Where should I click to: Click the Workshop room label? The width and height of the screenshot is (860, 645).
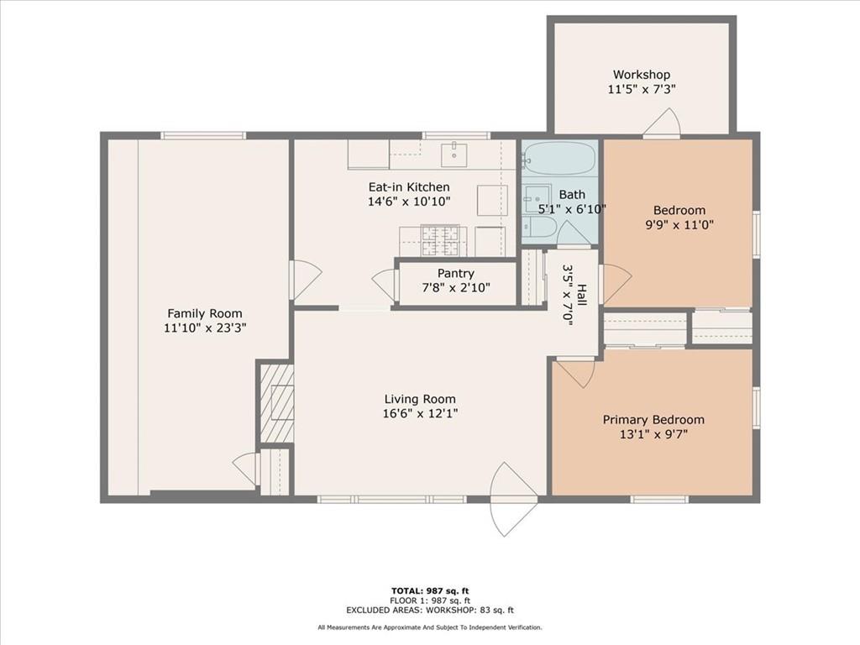pyautogui.click(x=641, y=75)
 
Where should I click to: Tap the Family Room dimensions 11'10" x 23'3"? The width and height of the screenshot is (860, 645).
pyautogui.click(x=205, y=328)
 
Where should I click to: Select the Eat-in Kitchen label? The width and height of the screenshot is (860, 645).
pyautogui.click(x=409, y=187)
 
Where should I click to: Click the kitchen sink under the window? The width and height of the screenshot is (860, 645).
pyautogui.click(x=454, y=155)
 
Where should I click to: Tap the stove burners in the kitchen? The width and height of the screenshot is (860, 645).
pyautogui.click(x=439, y=240)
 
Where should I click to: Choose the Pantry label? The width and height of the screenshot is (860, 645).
pyautogui.click(x=456, y=273)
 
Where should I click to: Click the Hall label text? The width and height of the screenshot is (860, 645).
pyautogui.click(x=582, y=296)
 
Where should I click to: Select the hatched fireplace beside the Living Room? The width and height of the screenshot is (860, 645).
pyautogui.click(x=276, y=403)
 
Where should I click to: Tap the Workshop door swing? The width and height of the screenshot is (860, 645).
pyautogui.click(x=663, y=122)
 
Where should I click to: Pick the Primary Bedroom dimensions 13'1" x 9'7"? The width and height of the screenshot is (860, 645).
pyautogui.click(x=653, y=434)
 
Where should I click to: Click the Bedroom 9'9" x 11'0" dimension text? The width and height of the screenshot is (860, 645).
pyautogui.click(x=679, y=225)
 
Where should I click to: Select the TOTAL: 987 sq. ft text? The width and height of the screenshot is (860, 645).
pyautogui.click(x=430, y=590)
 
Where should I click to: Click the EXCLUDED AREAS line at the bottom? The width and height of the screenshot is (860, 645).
pyautogui.click(x=430, y=610)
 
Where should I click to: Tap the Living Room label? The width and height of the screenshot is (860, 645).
pyautogui.click(x=420, y=399)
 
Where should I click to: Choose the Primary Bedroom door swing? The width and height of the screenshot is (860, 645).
pyautogui.click(x=575, y=373)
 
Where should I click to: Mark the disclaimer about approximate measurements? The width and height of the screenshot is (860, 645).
pyautogui.click(x=430, y=627)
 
